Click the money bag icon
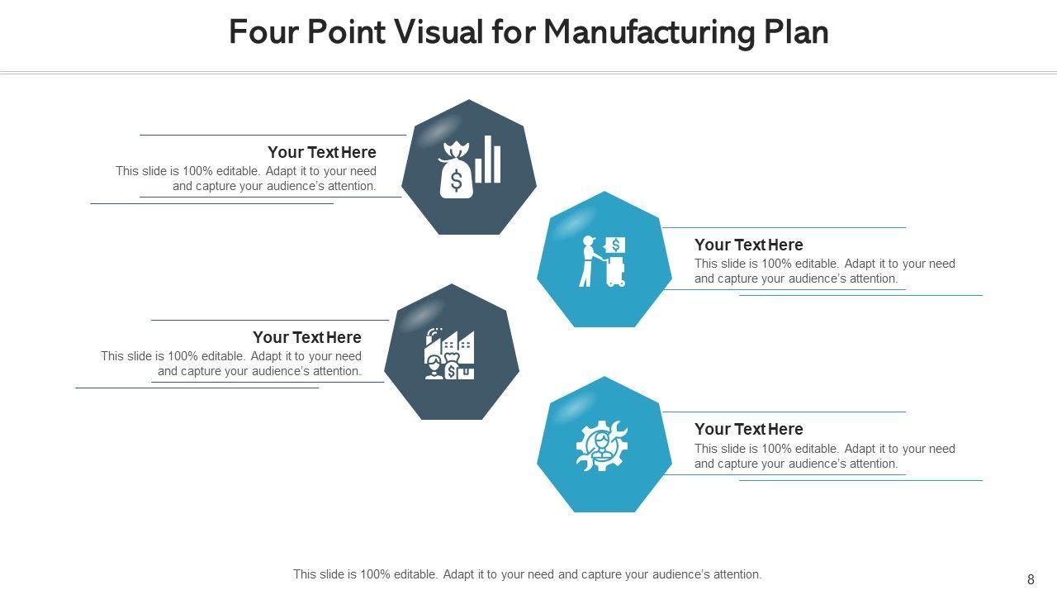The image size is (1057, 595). point(456,172)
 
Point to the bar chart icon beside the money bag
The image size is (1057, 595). point(488,159)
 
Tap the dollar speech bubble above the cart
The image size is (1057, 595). point(615,245)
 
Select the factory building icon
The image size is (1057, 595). point(451,354)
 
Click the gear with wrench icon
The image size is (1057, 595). point(602,446)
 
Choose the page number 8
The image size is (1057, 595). point(1031,579)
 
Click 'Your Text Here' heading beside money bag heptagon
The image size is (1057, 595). point(321,152)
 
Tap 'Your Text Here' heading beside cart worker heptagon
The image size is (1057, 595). point(748,245)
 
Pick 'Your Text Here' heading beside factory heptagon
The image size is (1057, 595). point(306,337)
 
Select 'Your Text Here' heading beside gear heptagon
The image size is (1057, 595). point(748,429)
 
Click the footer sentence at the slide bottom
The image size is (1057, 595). point(528,574)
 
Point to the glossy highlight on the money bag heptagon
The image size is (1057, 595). point(442,125)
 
